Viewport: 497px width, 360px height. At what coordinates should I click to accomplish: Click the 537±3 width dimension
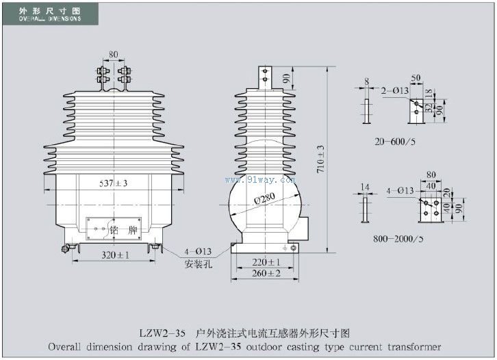point(114,183)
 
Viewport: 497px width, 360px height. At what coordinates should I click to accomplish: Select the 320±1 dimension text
point(114,255)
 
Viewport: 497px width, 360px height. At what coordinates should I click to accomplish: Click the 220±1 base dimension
point(267,262)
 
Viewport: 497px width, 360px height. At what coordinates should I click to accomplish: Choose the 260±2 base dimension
point(267,273)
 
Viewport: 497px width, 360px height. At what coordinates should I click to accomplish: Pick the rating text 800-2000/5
point(398,240)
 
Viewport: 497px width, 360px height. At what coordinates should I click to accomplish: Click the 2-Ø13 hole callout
point(396,90)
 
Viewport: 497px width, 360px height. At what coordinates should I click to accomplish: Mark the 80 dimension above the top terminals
point(114,53)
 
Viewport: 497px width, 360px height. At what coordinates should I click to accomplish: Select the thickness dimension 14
point(365,186)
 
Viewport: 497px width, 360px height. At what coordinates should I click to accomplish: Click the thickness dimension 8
point(367,81)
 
